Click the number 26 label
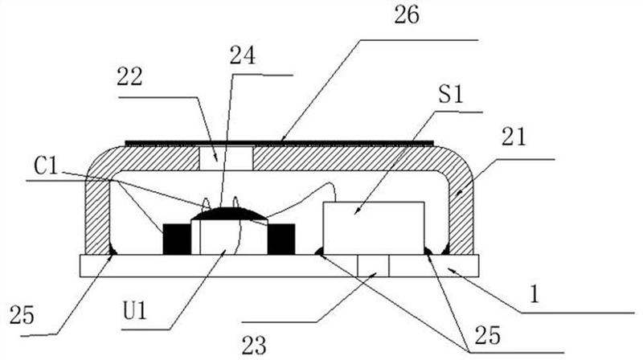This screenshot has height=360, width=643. [407, 15]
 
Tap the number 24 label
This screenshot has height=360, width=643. [243, 55]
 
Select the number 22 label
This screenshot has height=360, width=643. [129, 76]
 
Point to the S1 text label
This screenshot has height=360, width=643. [451, 94]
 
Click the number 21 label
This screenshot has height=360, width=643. [513, 137]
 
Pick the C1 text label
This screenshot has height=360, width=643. [47, 166]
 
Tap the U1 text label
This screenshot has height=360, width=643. [135, 310]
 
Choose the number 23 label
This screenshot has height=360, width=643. [254, 346]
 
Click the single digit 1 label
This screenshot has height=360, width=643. [534, 294]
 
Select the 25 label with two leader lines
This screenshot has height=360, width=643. [488, 335]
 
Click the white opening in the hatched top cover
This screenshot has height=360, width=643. [226, 157]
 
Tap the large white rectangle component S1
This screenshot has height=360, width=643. [374, 228]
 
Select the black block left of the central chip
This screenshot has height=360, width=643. [177, 239]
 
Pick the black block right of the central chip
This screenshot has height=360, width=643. [281, 239]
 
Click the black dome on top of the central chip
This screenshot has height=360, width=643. [230, 214]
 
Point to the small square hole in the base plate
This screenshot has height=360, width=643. [373, 265]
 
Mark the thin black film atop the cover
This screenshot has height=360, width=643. [279, 143]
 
